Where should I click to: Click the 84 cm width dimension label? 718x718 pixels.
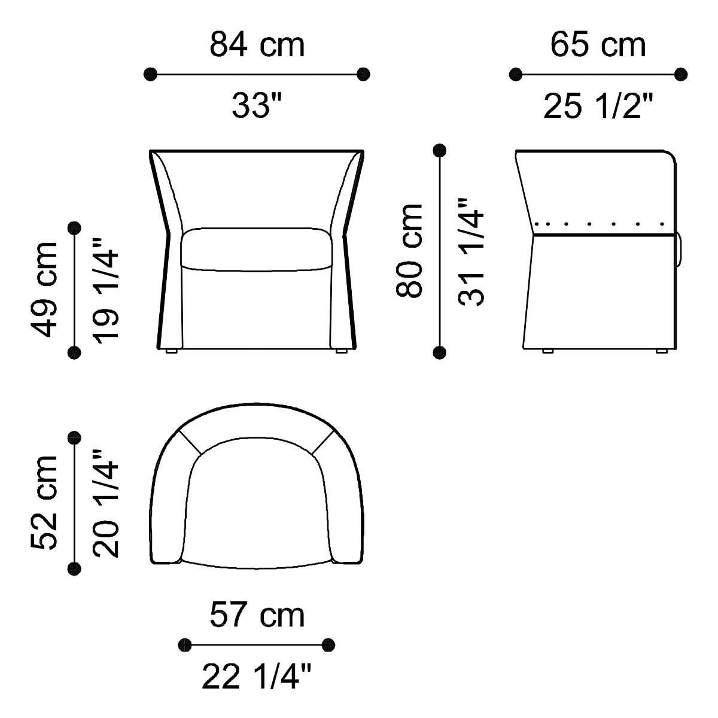[257, 45]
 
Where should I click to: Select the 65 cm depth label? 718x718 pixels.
[598, 45]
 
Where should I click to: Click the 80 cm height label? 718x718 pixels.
[409, 251]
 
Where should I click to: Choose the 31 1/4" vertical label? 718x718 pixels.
[470, 252]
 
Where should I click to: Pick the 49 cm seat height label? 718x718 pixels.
[44, 290]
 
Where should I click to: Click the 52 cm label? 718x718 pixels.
[44, 503]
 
